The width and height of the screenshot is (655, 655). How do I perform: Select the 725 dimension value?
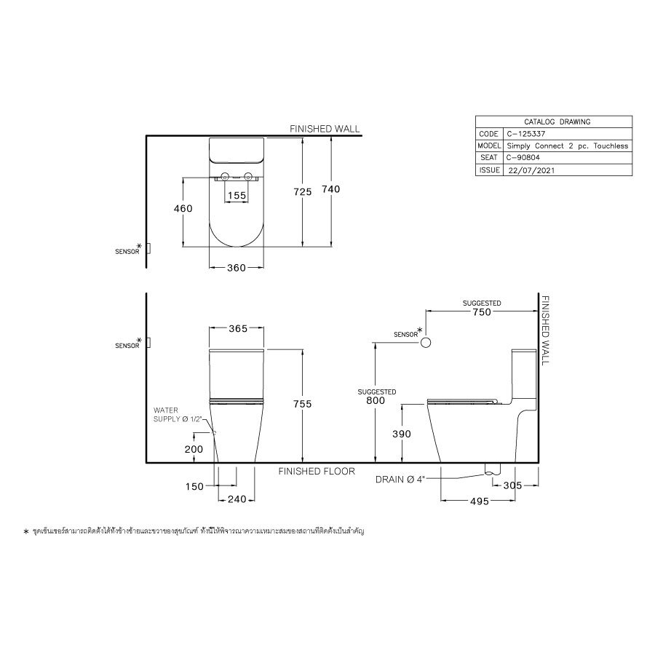click(302, 192)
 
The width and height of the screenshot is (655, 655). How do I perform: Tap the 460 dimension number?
click(183, 209)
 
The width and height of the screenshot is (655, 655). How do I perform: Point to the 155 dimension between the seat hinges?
click(237, 196)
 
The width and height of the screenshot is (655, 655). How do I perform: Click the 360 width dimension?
click(236, 268)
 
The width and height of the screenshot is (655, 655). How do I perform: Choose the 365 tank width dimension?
click(237, 329)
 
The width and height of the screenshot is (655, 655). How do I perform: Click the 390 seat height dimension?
click(401, 434)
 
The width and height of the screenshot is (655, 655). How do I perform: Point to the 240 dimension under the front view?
click(237, 499)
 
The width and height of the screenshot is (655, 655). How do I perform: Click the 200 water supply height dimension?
click(194, 450)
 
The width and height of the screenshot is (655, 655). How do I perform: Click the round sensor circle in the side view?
click(427, 342)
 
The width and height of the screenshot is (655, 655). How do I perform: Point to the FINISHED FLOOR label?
click(317, 472)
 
